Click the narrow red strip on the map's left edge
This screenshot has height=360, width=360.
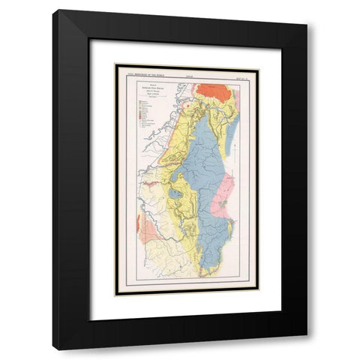[x=138, y=223]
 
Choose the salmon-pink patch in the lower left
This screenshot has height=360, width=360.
[x=148, y=231]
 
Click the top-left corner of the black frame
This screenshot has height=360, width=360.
[x=54, y=10]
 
